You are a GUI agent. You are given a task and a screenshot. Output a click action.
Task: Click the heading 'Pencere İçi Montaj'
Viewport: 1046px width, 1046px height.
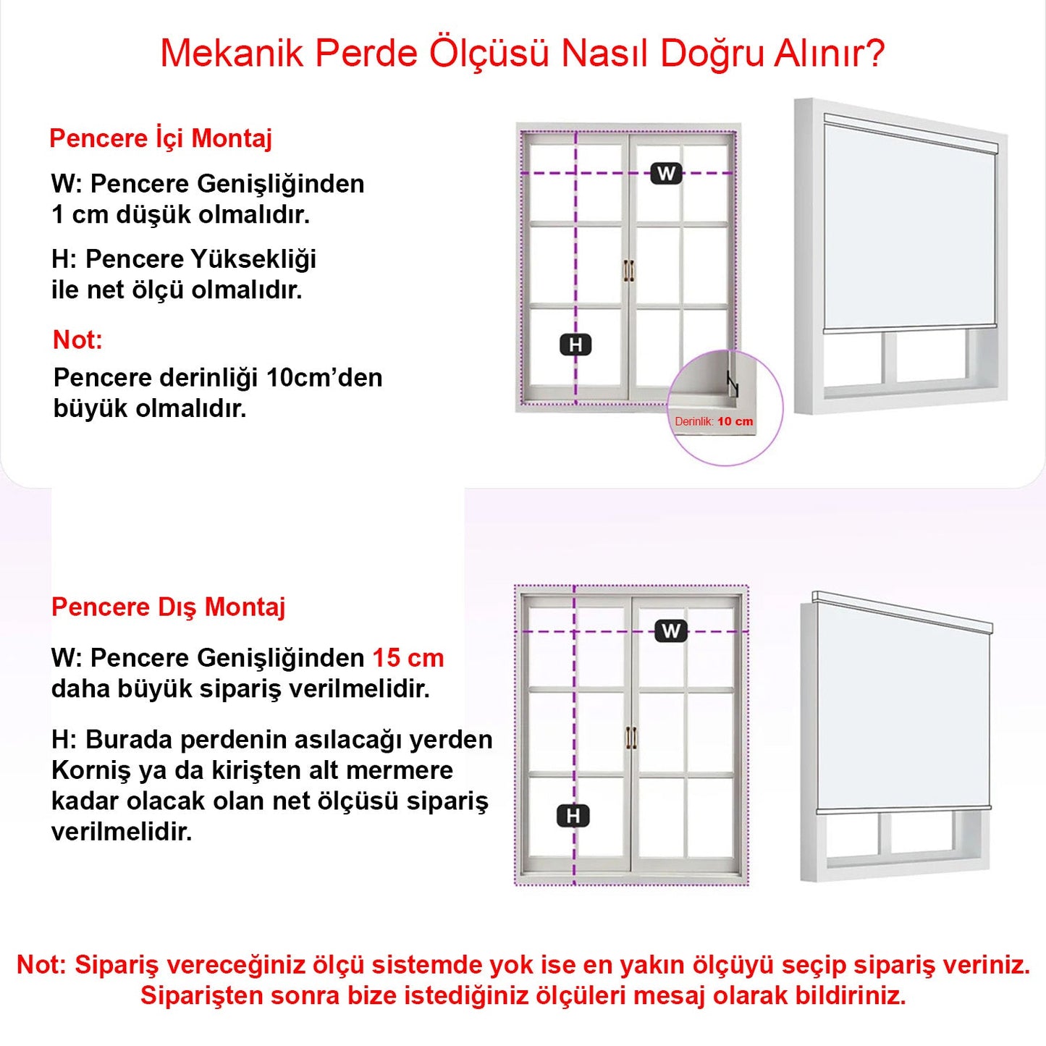point(160,138)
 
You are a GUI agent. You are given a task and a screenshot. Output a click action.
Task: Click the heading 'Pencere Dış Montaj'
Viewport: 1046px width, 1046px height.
point(168,607)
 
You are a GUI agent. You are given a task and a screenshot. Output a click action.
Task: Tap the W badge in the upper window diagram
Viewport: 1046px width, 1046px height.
point(666,174)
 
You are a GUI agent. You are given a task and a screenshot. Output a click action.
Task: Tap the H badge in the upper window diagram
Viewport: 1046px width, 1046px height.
point(575,345)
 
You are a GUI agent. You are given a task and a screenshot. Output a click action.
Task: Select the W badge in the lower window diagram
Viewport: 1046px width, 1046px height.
point(670,631)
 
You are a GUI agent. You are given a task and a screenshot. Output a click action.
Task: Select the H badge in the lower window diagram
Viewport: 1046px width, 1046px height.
point(573,816)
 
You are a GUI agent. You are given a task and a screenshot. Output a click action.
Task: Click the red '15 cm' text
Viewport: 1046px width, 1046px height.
point(408,658)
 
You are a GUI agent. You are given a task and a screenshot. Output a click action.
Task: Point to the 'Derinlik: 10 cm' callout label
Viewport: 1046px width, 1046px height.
point(714,421)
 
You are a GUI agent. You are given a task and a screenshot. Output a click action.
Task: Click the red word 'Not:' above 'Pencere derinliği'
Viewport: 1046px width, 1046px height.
point(77,339)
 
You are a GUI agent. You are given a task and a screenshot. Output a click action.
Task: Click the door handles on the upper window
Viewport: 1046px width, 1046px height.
point(628,271)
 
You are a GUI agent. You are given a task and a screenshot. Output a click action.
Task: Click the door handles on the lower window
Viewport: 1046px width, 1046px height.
point(631,738)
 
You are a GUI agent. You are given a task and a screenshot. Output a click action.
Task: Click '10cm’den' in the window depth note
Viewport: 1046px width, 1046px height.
point(324,378)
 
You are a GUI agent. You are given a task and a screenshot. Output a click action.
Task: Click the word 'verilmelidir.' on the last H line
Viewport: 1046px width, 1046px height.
point(122,832)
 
